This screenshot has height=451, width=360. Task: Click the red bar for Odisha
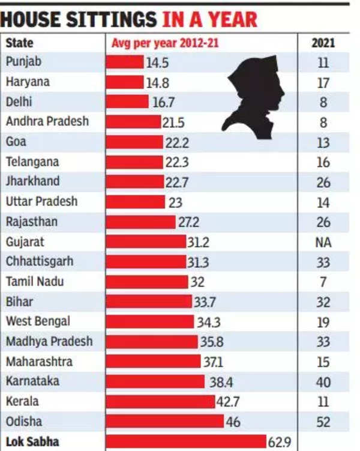coord(164,422)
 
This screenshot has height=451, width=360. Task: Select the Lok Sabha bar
coord(186,442)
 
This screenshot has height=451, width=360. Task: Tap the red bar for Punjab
coord(125,62)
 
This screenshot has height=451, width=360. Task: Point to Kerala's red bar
coord(160,402)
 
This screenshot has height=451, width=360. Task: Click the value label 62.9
coord(280,443)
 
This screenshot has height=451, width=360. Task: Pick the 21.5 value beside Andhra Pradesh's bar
coord(173,122)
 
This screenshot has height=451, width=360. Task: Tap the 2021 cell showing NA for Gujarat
coord(323,243)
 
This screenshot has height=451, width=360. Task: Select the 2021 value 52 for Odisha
coord(323,422)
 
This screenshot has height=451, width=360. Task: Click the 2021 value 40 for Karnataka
coord(323,382)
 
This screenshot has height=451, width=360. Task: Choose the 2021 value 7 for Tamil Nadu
coord(323,282)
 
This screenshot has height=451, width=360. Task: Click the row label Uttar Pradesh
coord(41,201)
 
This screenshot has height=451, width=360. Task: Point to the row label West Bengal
coord(38,321)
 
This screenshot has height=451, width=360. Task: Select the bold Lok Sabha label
coord(32,442)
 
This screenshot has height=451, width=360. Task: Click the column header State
coord(20,43)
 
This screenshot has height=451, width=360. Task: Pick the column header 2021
coord(323,43)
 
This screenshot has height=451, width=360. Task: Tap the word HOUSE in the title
coord(30,19)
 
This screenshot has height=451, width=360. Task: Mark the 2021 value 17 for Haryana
coord(323,83)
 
